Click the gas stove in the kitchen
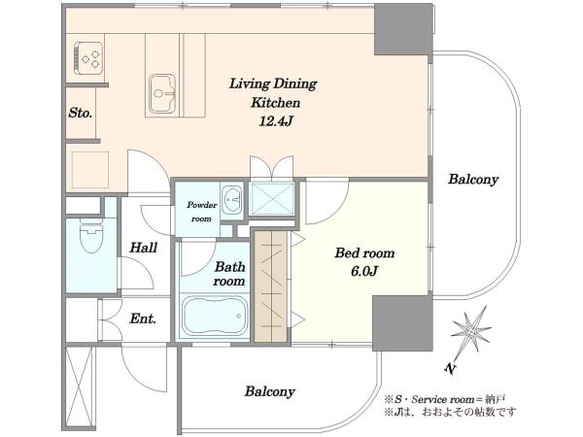point(88,58)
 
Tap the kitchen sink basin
point(162,93)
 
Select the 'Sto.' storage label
point(80,113)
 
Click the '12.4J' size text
point(275,121)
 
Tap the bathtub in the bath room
point(215,316)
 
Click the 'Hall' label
point(144,248)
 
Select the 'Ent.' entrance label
point(143,319)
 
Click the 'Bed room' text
point(364,253)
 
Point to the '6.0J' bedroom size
point(364,271)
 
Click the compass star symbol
point(471,329)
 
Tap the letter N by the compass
point(450,368)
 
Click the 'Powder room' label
point(201,212)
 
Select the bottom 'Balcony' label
point(270,391)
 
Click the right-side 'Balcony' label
point(473,180)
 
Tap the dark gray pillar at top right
point(403,29)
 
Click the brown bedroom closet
point(271,286)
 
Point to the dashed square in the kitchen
point(90,170)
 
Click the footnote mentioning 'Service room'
point(445,400)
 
